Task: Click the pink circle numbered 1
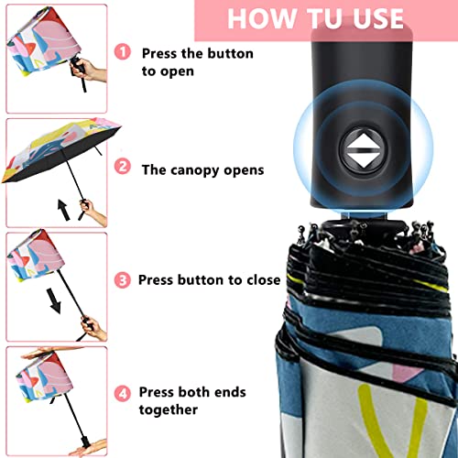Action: point(123,55)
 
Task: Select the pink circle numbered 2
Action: point(123,168)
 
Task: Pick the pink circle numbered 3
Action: point(123,279)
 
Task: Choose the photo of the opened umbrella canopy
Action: point(55,170)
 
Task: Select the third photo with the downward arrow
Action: point(55,284)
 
